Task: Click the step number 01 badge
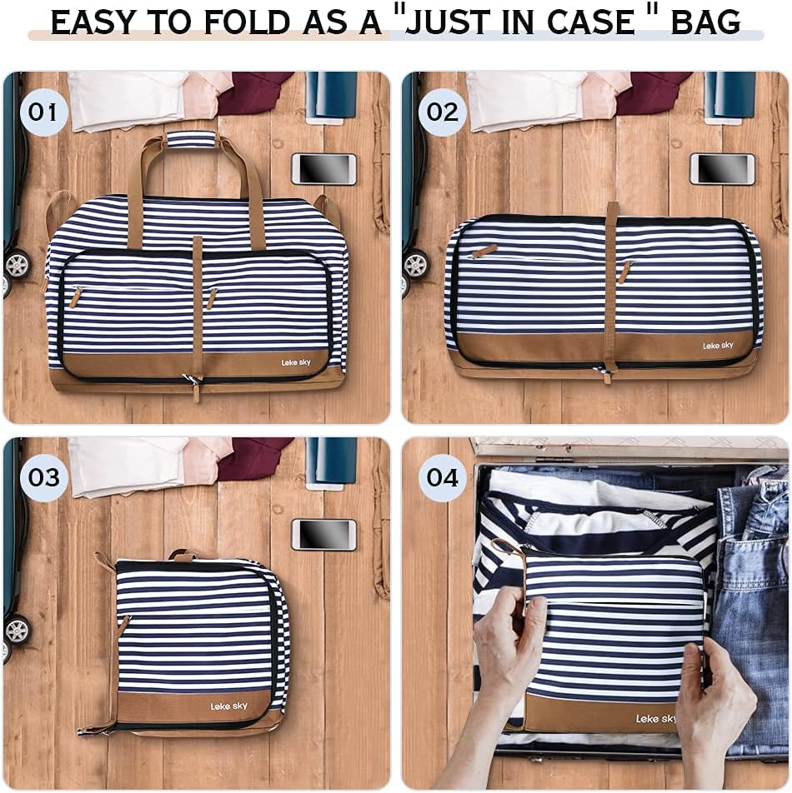pyautogui.click(x=43, y=112)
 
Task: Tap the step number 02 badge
pyautogui.click(x=442, y=112)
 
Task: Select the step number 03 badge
pyautogui.click(x=44, y=477)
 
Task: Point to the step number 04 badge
pyautogui.click(x=443, y=477)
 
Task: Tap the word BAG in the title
pyautogui.click(x=705, y=22)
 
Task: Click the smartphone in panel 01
pyautogui.click(x=323, y=168)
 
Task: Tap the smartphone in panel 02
pyautogui.click(x=722, y=168)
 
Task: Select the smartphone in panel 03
pyautogui.click(x=323, y=534)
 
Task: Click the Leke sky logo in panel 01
pyautogui.click(x=295, y=362)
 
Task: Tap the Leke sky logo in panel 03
pyautogui.click(x=228, y=706)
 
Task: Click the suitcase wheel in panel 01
pyautogui.click(x=17, y=264)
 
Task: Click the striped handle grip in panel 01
pyautogui.click(x=191, y=139)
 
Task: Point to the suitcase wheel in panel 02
pyautogui.click(x=414, y=264)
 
